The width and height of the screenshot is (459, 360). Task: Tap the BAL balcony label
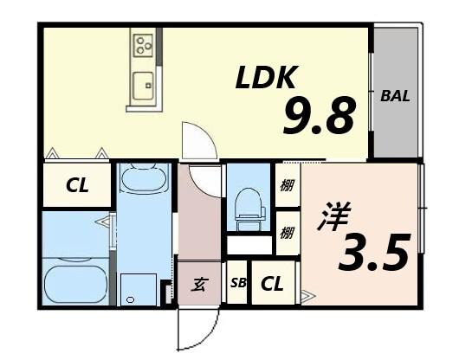click(395, 96)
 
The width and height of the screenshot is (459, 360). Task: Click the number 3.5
click(374, 252)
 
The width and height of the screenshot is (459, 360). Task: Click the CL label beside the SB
click(272, 283)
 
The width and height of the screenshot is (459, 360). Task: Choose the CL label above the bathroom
click(77, 185)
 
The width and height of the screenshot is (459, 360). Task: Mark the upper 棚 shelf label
click(286, 184)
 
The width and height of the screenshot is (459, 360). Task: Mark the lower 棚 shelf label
click(286, 232)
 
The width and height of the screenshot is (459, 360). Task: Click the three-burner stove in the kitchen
click(143, 42)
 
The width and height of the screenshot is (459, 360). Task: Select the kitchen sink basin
click(143, 85)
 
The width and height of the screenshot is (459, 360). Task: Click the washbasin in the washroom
click(143, 179)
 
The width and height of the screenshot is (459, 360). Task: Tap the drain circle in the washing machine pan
click(130, 299)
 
